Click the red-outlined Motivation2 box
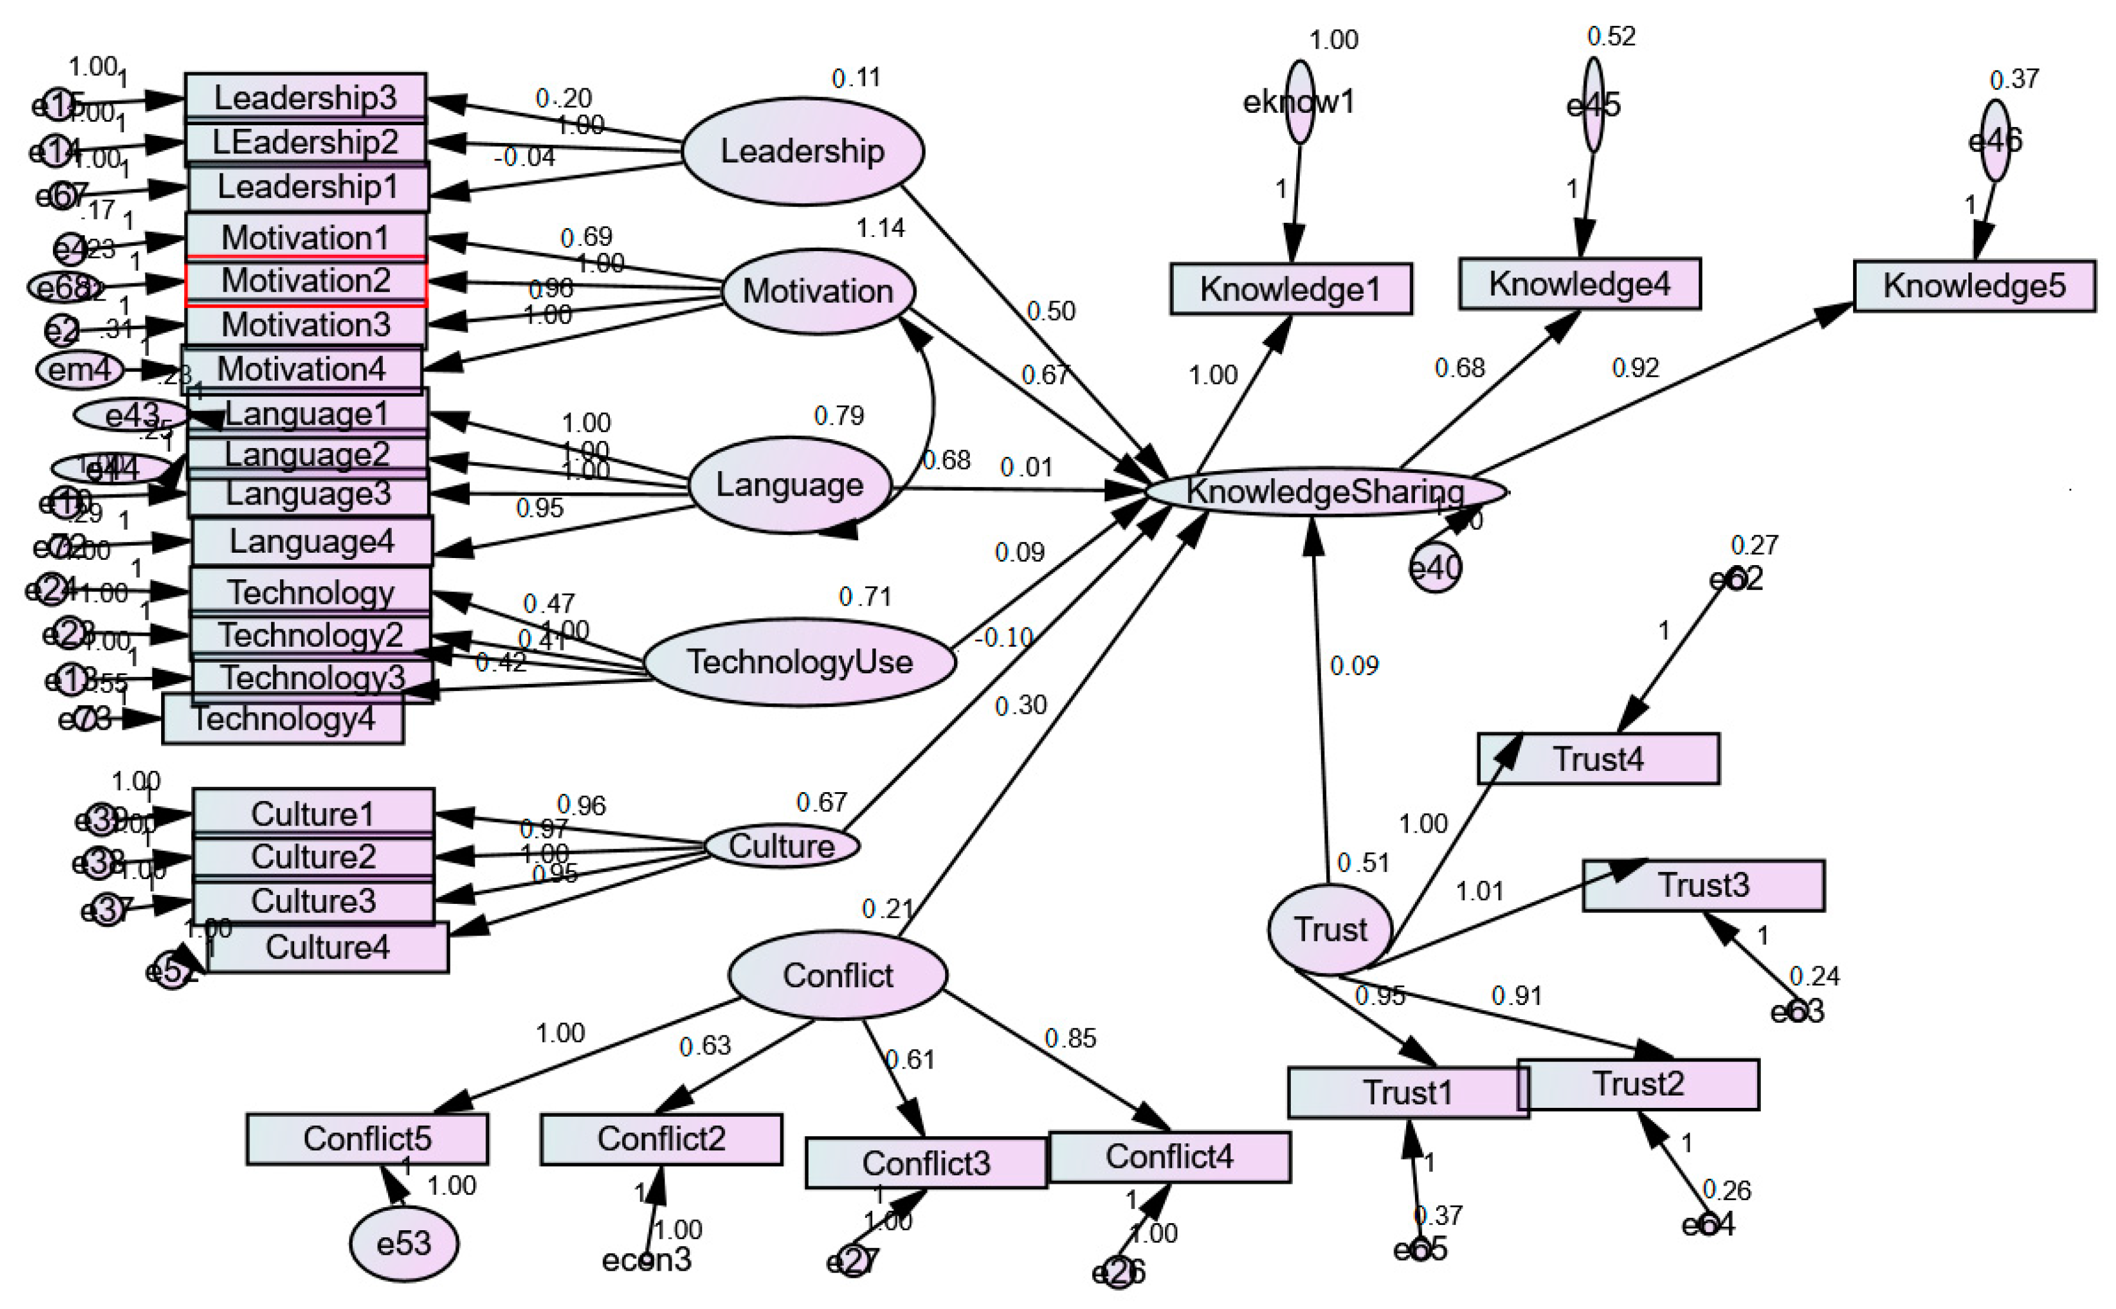tap(306, 281)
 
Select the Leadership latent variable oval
tap(803, 152)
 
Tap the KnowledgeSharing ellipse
tap(1324, 492)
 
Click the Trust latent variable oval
tap(1330, 930)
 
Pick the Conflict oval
tap(837, 976)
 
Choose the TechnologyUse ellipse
tap(799, 662)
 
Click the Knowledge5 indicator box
tap(1974, 286)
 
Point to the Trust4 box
tap(1597, 759)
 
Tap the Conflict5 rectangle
tap(367, 1139)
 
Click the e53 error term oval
tap(403, 1244)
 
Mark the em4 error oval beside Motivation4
tap(79, 370)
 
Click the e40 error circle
tap(1434, 568)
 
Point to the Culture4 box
tap(327, 948)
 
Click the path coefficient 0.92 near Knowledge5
tap(1634, 368)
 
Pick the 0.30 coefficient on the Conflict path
tap(1020, 706)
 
